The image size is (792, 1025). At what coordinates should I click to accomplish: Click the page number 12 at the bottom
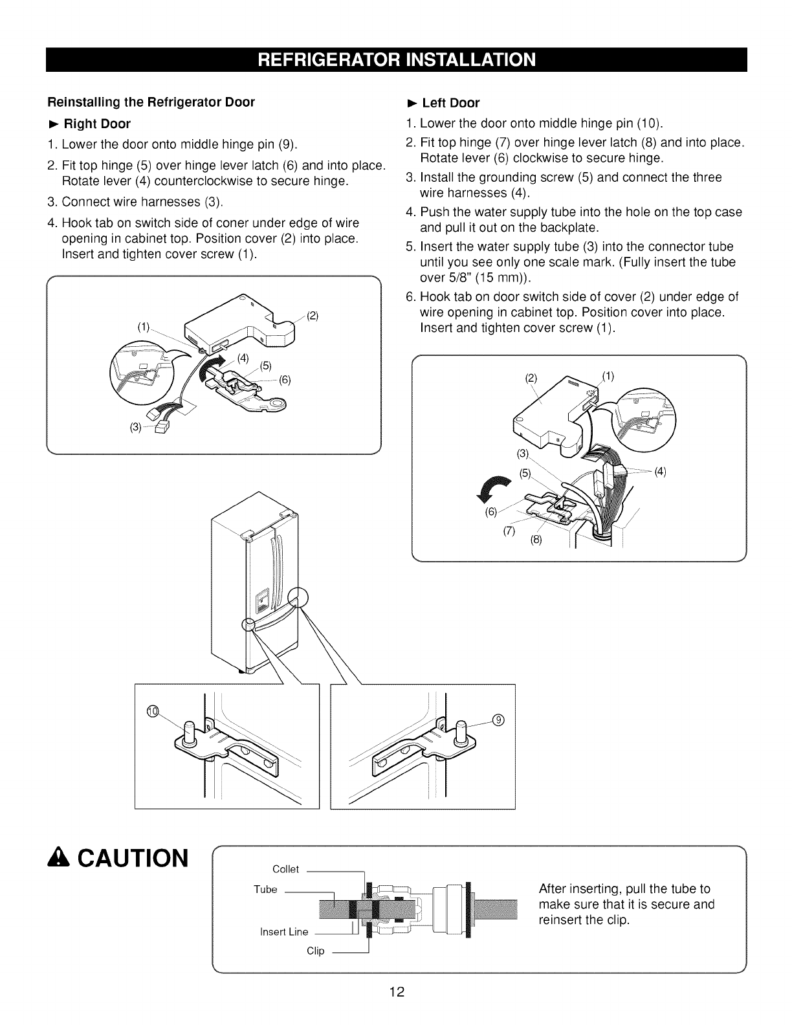click(x=397, y=993)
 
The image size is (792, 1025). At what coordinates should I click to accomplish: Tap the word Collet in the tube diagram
click(x=285, y=869)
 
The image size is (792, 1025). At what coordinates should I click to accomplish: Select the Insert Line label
click(x=283, y=932)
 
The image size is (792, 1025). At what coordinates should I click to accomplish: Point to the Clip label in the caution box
click(x=315, y=951)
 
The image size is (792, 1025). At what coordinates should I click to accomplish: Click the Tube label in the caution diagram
click(x=265, y=889)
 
